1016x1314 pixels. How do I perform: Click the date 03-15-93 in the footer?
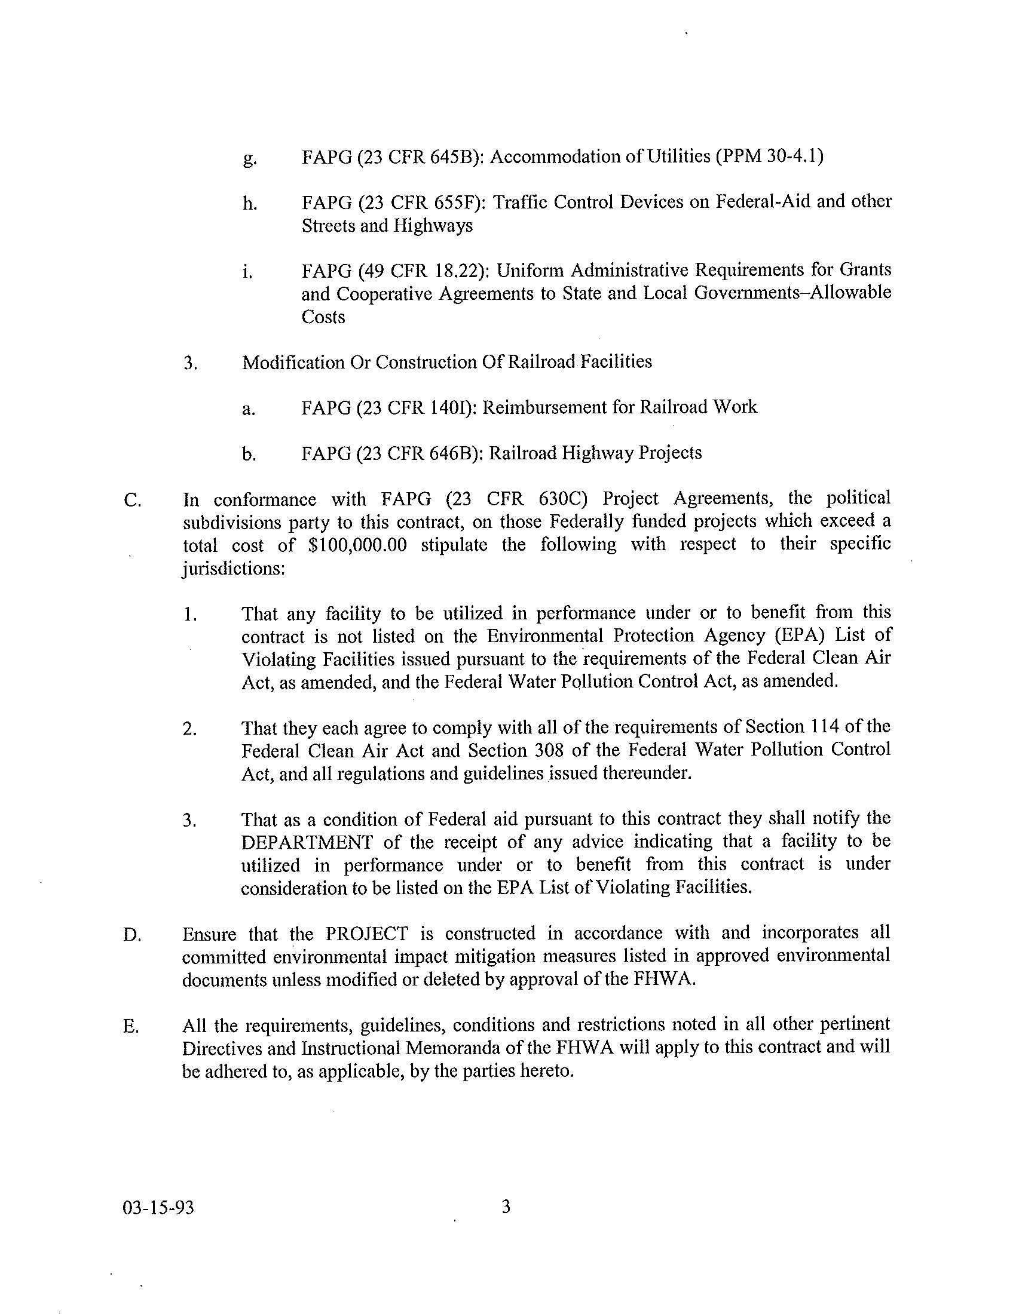point(158,1208)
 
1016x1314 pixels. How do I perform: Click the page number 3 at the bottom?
point(506,1206)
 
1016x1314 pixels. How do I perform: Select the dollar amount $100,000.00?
point(356,545)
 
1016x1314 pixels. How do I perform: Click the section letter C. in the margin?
point(133,501)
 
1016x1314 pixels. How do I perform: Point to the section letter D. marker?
point(133,935)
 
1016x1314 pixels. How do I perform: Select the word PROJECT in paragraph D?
point(366,934)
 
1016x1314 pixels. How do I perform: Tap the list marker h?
point(250,204)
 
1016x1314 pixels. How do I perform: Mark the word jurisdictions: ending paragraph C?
point(234,569)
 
